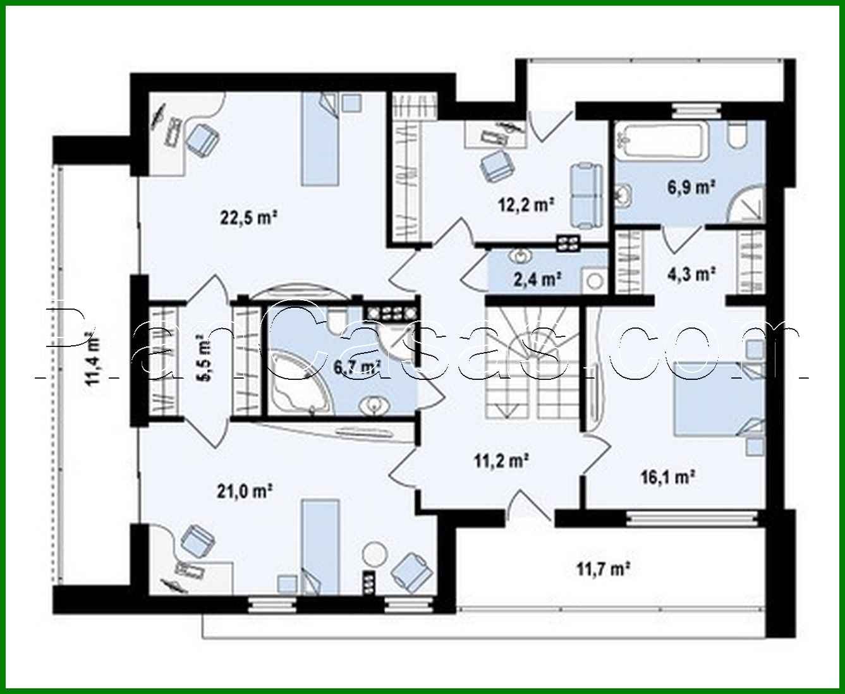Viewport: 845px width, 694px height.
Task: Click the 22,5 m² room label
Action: tap(250, 218)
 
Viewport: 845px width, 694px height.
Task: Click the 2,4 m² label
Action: tap(537, 279)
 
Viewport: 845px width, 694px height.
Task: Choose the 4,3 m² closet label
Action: tap(691, 274)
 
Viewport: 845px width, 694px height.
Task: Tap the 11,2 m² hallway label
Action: tap(501, 460)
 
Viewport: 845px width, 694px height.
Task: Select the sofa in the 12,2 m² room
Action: tap(586, 195)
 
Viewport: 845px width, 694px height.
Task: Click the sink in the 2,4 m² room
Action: tap(521, 257)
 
